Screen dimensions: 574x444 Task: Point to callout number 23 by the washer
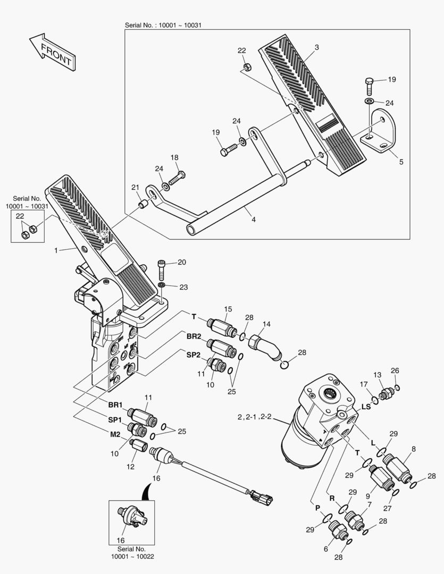(x=183, y=287)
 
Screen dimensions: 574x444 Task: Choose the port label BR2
(x=194, y=336)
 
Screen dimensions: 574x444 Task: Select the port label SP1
(x=115, y=419)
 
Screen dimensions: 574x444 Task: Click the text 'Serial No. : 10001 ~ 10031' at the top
(x=163, y=25)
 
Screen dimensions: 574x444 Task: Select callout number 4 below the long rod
(x=254, y=219)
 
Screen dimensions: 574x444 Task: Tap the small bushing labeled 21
(x=143, y=205)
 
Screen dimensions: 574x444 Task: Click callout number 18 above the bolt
(x=174, y=157)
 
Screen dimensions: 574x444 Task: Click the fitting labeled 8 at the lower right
(x=397, y=464)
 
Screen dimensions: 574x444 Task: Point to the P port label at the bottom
(x=317, y=508)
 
